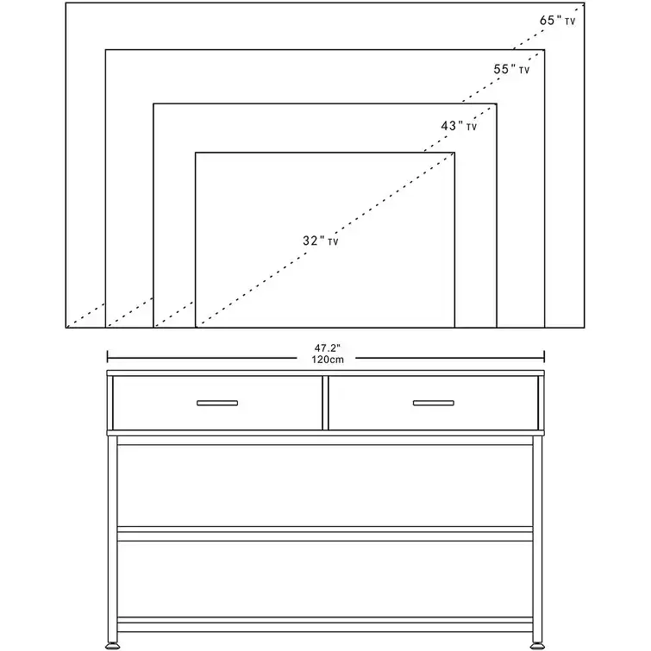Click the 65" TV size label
pos(557,21)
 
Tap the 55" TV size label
pos(511,69)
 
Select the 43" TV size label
pos(459,125)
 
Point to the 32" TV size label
pos(321,241)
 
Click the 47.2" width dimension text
pos(327,348)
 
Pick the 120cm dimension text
pos(328,360)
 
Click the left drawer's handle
pos(217,403)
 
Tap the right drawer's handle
pos(434,403)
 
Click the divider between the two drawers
pos(325,403)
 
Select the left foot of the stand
pos(112,645)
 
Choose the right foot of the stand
pos(537,645)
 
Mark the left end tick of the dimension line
pos(108,357)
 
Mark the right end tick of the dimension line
pos(544,357)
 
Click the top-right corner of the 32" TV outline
pos(454,153)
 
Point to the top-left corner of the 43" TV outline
pos(153,103)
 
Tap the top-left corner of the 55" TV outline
pos(105,50)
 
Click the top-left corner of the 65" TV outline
pos(66,3)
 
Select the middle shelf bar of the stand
pos(325,534)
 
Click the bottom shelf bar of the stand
pos(325,624)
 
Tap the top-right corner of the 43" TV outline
pos(497,103)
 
